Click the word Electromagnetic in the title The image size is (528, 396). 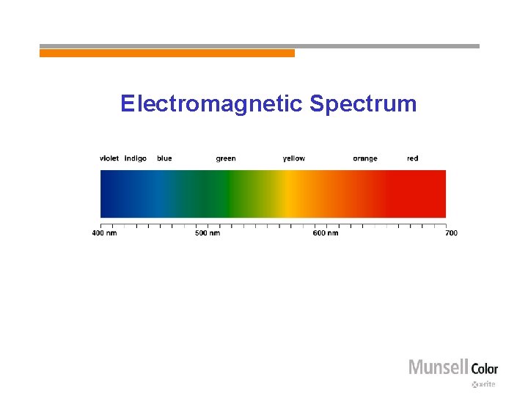click(212, 103)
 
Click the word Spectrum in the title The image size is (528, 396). click(363, 104)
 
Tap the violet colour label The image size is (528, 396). click(109, 158)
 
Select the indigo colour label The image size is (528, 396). click(136, 158)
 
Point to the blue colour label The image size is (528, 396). click(164, 158)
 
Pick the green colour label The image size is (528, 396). click(226, 158)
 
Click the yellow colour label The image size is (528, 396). click(294, 158)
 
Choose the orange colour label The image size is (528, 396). click(365, 158)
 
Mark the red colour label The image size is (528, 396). click(413, 158)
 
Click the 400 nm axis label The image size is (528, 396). click(104, 233)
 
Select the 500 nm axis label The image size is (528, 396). click(208, 233)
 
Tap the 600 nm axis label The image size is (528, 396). click(326, 233)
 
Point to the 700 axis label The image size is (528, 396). click(451, 233)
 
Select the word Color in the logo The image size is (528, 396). click(484, 368)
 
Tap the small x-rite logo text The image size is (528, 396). click(485, 384)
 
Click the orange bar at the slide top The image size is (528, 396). click(167, 53)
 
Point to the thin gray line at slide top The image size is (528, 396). click(386, 45)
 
